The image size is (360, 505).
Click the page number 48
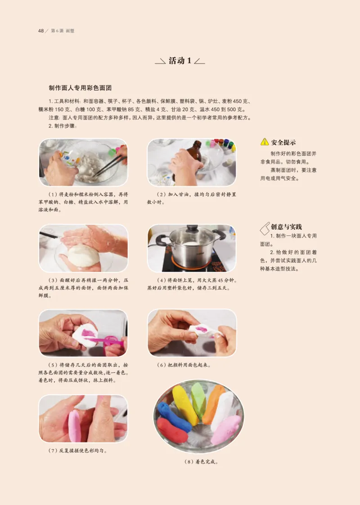(40, 31)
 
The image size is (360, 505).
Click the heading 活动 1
(180, 61)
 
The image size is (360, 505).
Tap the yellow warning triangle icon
(265, 142)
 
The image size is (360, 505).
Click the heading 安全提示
(283, 142)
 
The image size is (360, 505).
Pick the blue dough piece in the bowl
(173, 417)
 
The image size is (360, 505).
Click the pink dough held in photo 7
(74, 425)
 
